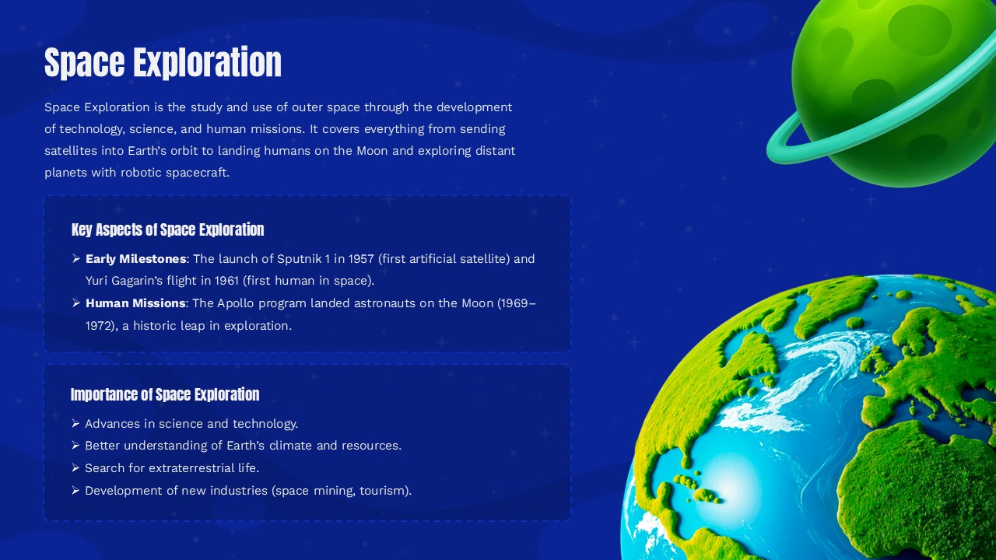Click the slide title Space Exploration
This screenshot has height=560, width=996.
point(163,62)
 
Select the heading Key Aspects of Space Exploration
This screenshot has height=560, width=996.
point(167,229)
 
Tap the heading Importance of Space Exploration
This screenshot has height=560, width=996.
point(165,394)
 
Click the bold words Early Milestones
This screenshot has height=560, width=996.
point(135,259)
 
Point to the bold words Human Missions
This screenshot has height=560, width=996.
point(135,303)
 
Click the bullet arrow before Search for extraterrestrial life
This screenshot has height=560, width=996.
point(75,468)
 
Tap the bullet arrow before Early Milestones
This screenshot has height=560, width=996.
point(76,259)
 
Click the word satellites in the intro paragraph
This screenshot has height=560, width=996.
point(71,151)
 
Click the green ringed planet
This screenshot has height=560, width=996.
point(895,86)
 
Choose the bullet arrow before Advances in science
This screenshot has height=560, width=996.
point(75,424)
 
